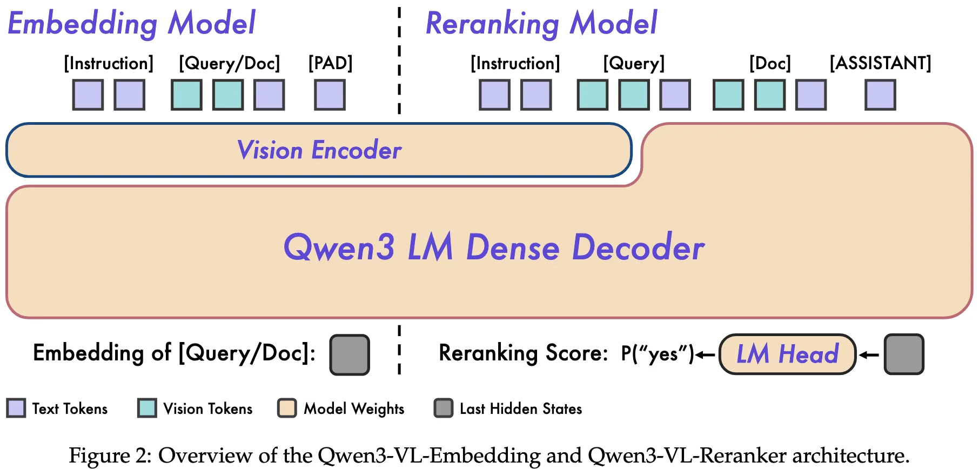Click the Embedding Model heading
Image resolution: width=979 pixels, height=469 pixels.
131,23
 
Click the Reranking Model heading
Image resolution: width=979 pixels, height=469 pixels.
541,23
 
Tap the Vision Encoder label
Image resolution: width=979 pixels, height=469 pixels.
319,150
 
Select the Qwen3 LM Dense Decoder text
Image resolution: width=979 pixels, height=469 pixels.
494,247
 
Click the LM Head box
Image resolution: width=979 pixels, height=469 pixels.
787,354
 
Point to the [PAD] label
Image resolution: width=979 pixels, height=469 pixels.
330,63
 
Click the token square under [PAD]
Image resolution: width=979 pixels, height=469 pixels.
330,95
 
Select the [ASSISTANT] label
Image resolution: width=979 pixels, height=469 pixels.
880,63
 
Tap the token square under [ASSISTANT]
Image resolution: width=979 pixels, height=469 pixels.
880,95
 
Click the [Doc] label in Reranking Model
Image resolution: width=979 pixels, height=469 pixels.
770,63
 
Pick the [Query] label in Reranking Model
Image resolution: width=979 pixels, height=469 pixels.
634,63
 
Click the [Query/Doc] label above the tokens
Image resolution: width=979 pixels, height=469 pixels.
230,63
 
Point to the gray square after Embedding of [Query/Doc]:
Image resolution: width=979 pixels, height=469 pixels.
350,355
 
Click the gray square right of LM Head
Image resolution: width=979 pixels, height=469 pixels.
904,354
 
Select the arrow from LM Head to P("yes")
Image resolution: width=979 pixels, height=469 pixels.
705,355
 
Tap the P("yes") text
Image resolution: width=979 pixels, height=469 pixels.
657,354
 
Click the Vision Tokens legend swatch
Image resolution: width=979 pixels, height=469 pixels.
147,408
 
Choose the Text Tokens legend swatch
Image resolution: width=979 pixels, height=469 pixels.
16,408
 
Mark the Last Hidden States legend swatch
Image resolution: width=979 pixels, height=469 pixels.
444,408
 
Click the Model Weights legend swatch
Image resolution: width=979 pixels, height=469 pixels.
287,408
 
